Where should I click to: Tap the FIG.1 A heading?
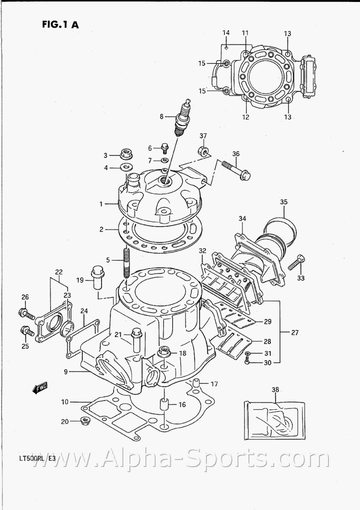60,25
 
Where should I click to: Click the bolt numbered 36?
237,170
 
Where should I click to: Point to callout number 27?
294,333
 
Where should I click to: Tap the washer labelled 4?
125,168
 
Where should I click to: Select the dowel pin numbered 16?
164,404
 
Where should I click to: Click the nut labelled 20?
85,422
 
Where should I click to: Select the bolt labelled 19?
97,277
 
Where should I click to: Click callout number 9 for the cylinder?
66,372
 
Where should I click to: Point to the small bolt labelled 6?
164,148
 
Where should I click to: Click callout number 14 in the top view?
226,33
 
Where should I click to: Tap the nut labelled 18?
164,353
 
